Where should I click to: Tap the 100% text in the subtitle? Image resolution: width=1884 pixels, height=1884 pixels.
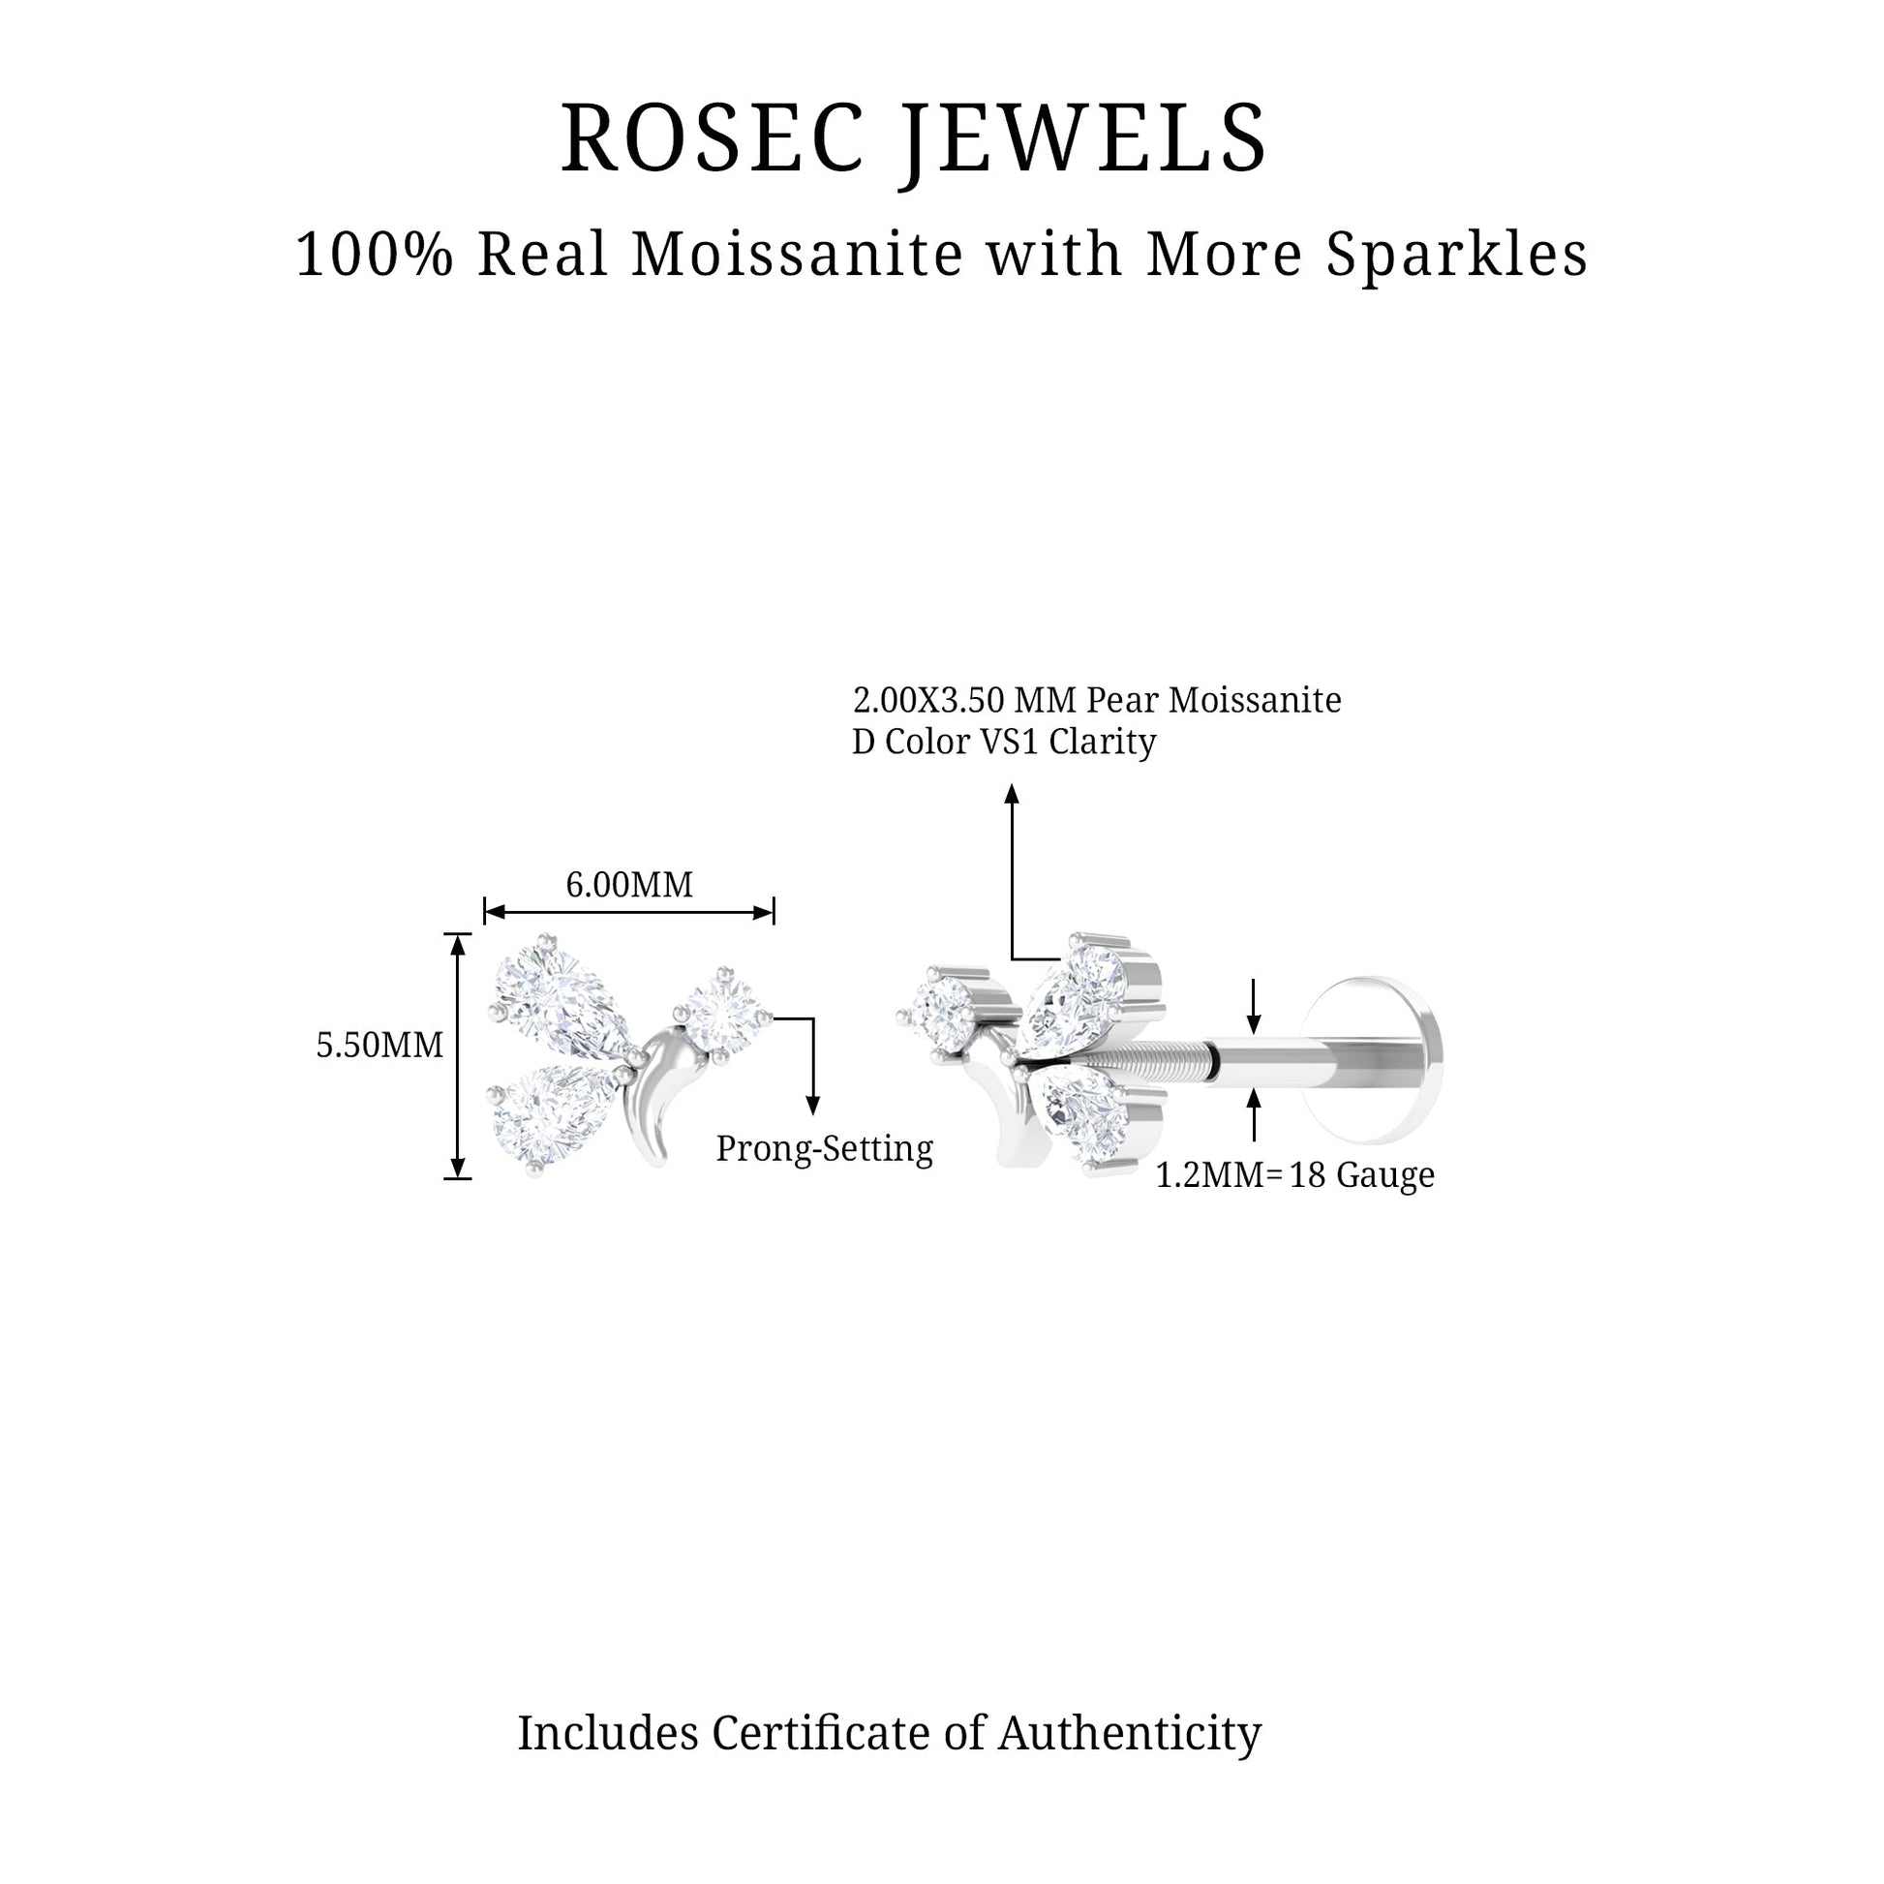pos(375,256)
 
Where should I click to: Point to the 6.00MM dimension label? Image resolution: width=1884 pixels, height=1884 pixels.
pos(629,885)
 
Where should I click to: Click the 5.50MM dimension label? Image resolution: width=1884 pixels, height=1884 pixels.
pos(380,1045)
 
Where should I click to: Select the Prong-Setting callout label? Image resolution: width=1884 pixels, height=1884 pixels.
pos(824,1149)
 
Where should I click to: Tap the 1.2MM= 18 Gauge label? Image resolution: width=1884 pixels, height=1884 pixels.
pos(1295,1175)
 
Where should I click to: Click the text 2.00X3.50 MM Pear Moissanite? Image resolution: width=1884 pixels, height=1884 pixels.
pos(1097,700)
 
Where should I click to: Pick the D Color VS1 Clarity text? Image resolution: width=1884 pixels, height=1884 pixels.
pos(1003,743)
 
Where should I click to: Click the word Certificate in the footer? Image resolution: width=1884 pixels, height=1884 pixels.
pos(821,1733)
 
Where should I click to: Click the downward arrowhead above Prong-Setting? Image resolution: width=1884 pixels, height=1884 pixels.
pos(811,1104)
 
